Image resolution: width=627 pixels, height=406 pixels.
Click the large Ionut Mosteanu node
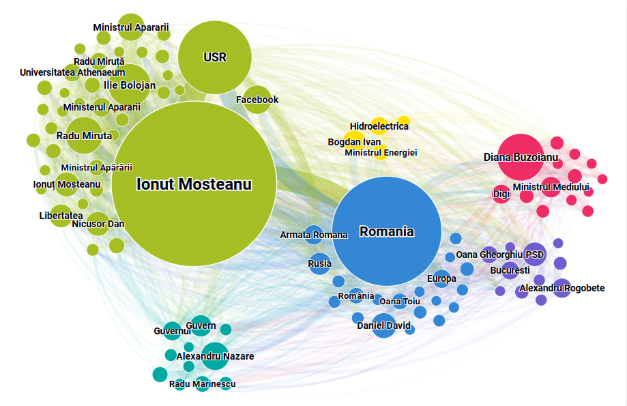194,184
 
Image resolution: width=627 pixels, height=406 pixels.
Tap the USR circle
215,57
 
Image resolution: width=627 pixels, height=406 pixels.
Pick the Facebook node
257,100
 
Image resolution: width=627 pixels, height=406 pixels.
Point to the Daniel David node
384,325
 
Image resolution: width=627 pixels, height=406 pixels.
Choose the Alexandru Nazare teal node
215,356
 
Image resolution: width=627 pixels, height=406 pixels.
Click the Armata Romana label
314,235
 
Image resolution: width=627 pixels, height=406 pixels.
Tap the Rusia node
319,263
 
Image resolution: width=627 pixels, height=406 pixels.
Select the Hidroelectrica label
379,126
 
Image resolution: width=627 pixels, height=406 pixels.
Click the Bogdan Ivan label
354,142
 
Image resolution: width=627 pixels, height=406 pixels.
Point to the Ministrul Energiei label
381,152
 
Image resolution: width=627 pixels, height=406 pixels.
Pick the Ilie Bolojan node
130,85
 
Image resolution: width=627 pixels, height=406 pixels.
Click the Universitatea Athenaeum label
72,72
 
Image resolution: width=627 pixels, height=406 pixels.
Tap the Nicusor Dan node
98,224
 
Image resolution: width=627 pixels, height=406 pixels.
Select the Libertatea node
61,216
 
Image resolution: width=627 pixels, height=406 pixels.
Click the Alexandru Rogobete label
562,289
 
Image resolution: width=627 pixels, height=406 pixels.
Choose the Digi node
501,194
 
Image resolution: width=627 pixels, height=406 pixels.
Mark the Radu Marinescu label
203,385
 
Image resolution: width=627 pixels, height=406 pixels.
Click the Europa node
441,278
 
